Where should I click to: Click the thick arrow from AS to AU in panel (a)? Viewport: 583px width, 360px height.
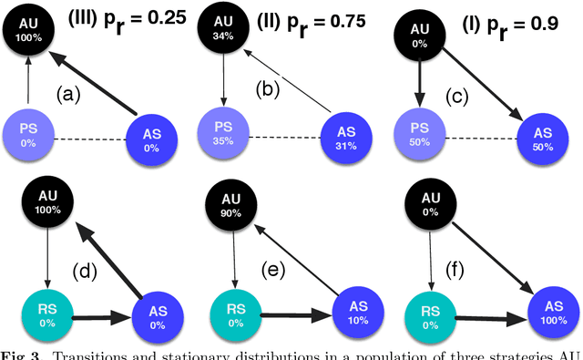[x=101, y=84]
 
